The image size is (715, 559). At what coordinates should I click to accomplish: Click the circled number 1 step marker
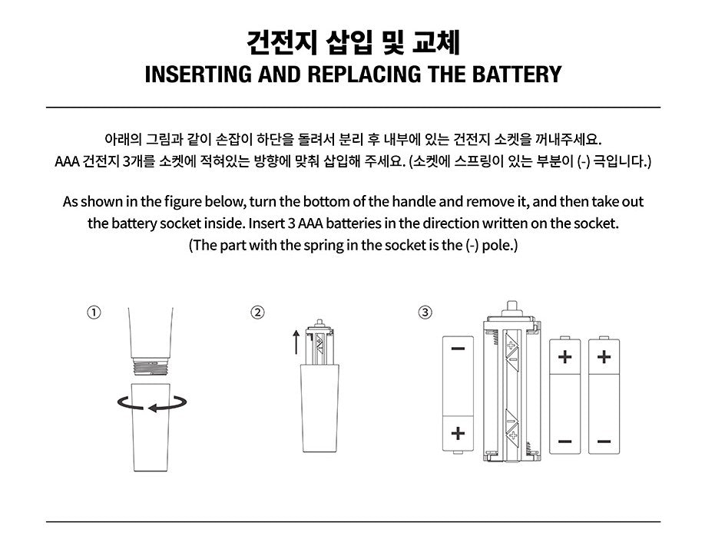(x=94, y=313)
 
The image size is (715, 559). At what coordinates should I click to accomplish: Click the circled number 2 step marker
(x=257, y=313)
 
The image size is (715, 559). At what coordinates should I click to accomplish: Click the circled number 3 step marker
(x=425, y=313)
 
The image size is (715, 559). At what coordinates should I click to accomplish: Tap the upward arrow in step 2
(x=296, y=342)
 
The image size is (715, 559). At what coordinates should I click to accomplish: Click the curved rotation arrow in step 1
(x=152, y=404)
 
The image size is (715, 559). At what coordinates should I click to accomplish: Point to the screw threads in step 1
(x=151, y=367)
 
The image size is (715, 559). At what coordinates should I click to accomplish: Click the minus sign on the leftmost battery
(x=458, y=349)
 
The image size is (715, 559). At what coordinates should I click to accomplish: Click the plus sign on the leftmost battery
(x=458, y=433)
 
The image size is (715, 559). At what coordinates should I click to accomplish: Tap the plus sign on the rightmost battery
(x=604, y=356)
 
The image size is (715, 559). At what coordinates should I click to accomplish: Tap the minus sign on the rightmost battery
(x=604, y=441)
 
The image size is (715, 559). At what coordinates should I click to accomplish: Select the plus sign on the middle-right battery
(x=564, y=356)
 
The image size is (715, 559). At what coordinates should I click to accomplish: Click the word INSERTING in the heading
(x=198, y=74)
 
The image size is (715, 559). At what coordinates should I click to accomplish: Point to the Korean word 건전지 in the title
(x=281, y=43)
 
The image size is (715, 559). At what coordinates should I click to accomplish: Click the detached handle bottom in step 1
(x=151, y=427)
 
